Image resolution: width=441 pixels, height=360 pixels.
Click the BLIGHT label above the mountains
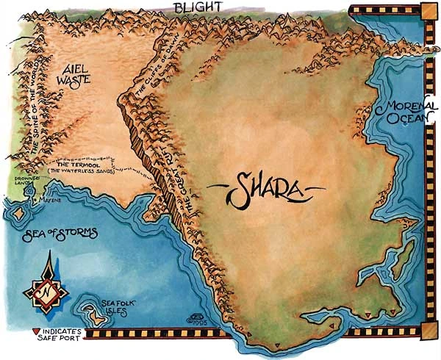coord(196,8)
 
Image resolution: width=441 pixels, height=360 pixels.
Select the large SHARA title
coord(265,190)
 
